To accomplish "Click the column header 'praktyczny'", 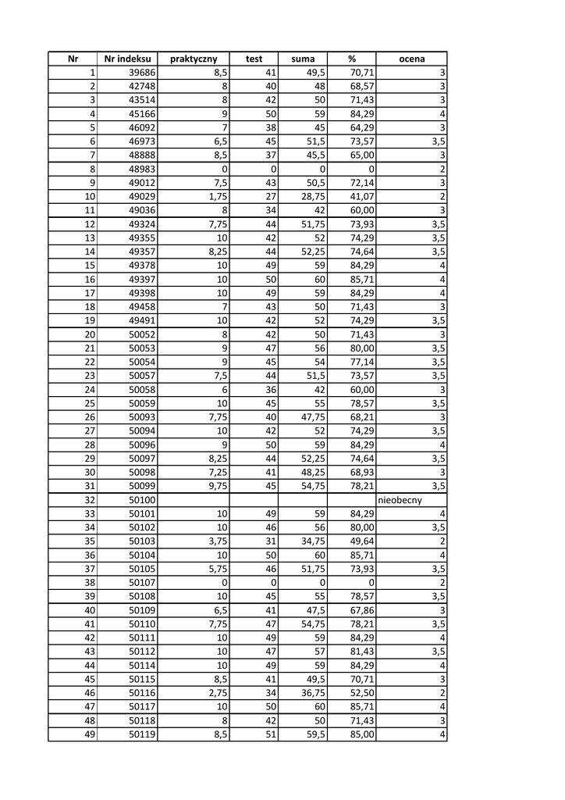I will click(x=193, y=59).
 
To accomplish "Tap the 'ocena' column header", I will click(x=411, y=59).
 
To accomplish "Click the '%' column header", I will click(x=352, y=59).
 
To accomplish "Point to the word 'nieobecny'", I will click(x=400, y=500).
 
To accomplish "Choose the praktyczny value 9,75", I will click(x=215, y=486).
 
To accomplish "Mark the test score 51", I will click(x=271, y=734).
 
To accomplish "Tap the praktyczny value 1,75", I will click(x=215, y=196).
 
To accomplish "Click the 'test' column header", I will click(x=254, y=59).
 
